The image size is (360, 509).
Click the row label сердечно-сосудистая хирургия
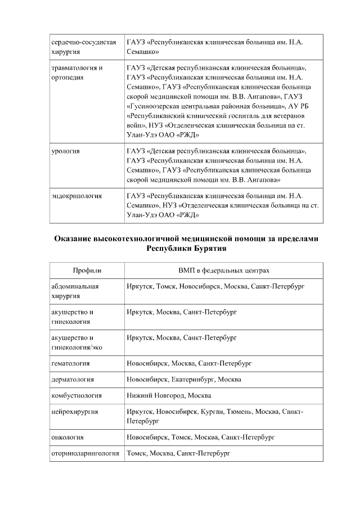point(84,47)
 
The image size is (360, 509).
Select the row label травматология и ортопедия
point(76,73)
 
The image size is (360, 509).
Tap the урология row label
point(65,151)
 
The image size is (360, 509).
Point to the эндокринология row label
point(76,196)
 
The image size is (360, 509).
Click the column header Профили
point(86,270)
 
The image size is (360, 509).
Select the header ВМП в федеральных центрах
point(223,270)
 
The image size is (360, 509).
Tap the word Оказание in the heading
point(76,238)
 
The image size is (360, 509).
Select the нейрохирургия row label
point(74,412)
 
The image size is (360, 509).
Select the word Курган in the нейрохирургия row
point(211,412)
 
